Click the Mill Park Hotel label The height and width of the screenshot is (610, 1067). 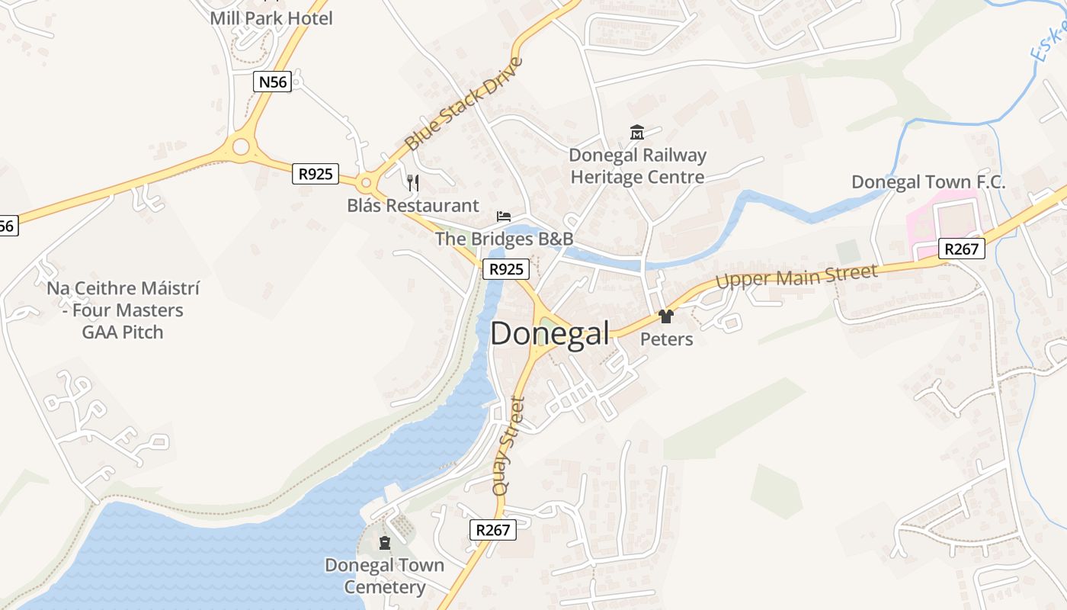[x=271, y=18]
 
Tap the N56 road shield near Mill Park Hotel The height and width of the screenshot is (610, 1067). [x=273, y=82]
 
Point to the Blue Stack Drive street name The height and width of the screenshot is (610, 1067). [x=464, y=104]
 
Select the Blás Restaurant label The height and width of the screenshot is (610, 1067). [x=413, y=205]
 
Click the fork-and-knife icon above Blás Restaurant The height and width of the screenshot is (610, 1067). [x=413, y=182]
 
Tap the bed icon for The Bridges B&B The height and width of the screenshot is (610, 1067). [x=504, y=217]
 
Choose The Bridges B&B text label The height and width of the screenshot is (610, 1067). [x=504, y=239]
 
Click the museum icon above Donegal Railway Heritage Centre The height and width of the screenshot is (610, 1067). [x=637, y=133]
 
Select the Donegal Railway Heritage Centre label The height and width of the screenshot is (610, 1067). [x=638, y=166]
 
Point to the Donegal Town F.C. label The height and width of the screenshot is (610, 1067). [x=928, y=182]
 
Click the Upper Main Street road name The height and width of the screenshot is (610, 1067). [x=796, y=276]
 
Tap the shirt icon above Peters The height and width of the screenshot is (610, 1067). [x=666, y=316]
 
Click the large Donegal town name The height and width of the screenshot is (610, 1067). [x=550, y=334]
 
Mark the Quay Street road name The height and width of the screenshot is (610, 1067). [x=508, y=446]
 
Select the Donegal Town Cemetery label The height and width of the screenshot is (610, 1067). [x=384, y=576]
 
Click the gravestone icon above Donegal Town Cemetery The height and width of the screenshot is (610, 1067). [x=384, y=543]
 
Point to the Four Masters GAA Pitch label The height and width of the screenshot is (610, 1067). [x=123, y=310]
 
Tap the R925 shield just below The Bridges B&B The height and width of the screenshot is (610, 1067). [x=506, y=268]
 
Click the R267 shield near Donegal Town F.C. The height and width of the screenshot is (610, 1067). [x=963, y=249]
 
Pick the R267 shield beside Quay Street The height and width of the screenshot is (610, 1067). [x=492, y=529]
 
